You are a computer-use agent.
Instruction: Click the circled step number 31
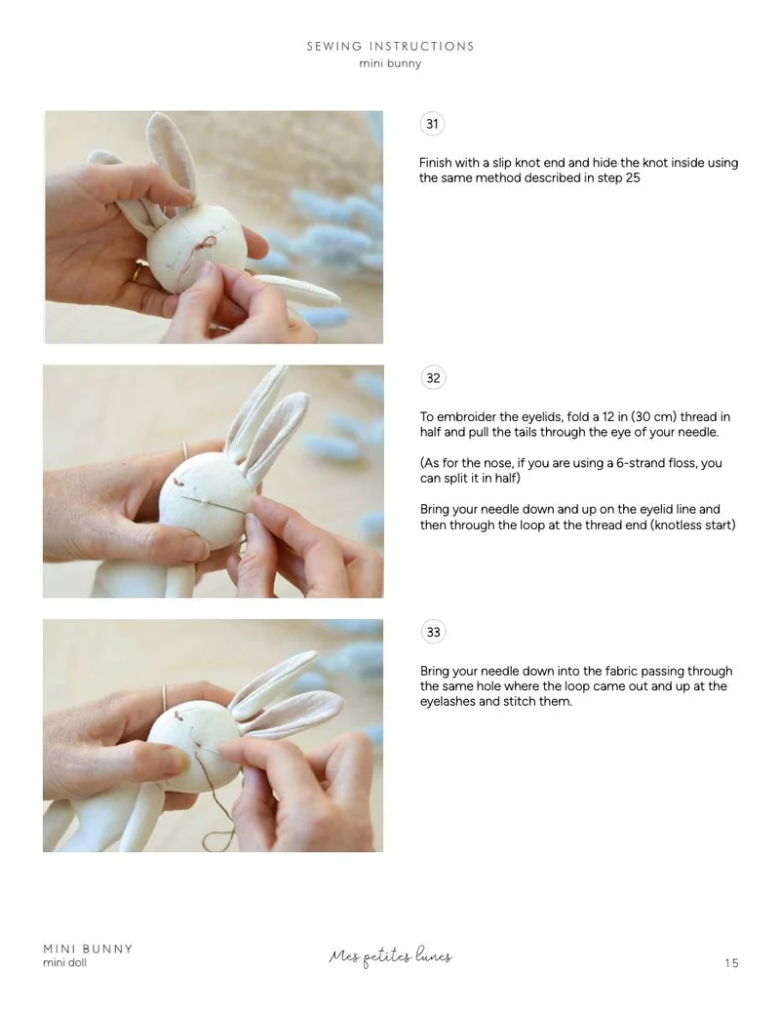pos(432,124)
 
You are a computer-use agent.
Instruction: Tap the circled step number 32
pos(433,378)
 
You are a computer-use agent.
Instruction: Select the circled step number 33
pos(433,632)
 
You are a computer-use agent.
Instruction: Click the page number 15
pos(731,963)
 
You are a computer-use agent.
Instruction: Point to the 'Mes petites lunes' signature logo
pos(390,956)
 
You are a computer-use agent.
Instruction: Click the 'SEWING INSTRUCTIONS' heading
pos(390,47)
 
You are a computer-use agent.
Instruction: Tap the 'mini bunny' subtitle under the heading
pos(390,63)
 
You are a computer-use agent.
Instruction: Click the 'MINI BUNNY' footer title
pos(89,949)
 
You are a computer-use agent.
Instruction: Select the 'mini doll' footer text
pos(64,962)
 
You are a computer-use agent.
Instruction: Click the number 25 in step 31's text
pos(633,177)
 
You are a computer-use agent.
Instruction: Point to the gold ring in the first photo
pos(137,271)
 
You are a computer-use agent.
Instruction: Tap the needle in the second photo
pos(214,505)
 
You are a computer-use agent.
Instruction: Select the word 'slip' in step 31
pos(502,163)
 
